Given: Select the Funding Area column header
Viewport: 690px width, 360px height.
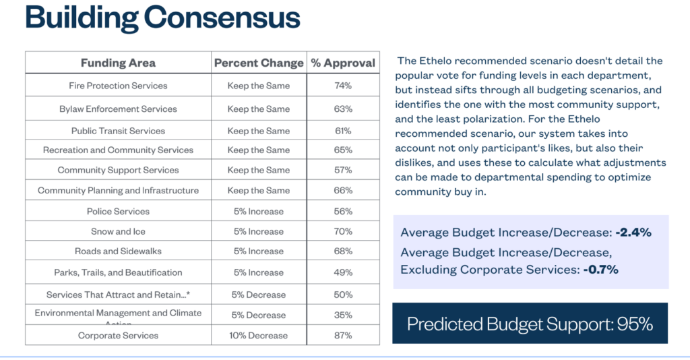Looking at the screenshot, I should [x=118, y=63].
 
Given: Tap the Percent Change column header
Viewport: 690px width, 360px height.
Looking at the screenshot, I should [x=259, y=63].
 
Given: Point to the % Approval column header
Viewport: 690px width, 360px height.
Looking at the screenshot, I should [x=343, y=63].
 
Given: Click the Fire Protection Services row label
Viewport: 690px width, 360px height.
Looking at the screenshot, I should [x=118, y=86].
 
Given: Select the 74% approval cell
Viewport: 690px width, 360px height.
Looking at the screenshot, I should [x=343, y=86].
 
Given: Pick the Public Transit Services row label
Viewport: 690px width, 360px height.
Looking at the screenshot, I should [x=118, y=131].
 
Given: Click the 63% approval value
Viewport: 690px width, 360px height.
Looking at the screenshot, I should [x=343, y=109].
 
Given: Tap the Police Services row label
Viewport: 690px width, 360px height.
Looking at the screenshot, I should [x=118, y=211].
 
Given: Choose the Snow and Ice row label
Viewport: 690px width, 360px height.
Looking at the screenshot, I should [x=118, y=231].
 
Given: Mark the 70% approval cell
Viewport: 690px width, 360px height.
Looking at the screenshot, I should [x=343, y=231].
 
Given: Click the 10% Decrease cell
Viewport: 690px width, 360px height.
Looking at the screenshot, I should [x=259, y=335].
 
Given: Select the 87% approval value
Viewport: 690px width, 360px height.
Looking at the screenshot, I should [x=343, y=335].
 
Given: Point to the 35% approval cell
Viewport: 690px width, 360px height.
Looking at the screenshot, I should [x=343, y=314].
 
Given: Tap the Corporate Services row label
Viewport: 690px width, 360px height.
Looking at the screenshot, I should [x=118, y=335].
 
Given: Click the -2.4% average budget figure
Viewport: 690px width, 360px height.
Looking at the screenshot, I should [x=633, y=233].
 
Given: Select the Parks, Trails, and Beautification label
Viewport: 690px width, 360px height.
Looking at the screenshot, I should [x=118, y=272].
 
